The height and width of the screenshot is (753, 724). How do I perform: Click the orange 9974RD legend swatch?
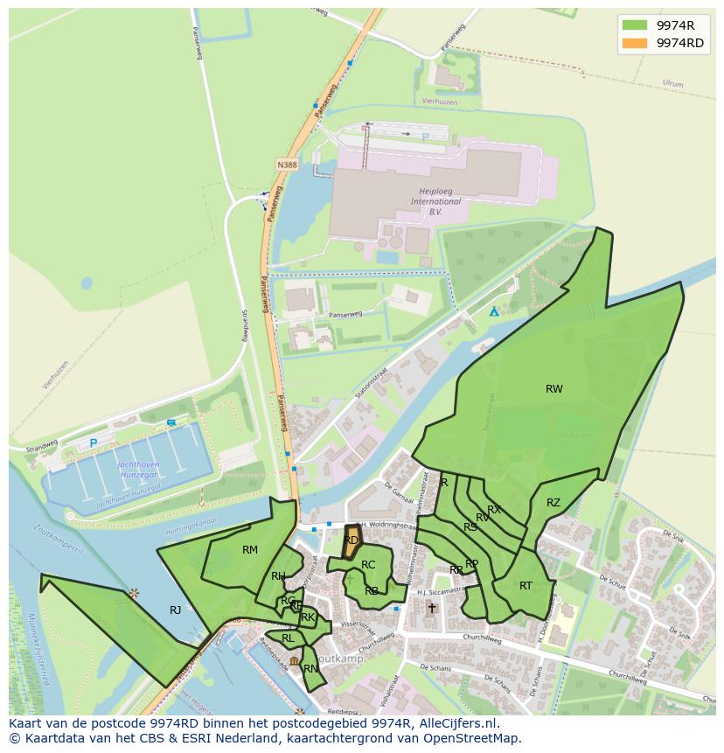pos(635,43)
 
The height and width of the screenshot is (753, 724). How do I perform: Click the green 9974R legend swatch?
pos(635,24)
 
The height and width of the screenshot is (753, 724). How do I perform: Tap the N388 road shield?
pos(286,164)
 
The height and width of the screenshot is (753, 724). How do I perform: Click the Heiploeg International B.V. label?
pos(435,201)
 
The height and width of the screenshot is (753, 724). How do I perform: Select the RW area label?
pos(554,389)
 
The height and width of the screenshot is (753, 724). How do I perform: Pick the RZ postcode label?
pos(553,503)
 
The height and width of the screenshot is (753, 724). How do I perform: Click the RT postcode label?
pos(526,586)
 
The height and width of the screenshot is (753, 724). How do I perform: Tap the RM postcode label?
pos(250,550)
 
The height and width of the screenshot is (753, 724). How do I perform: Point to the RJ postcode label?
pos(176,610)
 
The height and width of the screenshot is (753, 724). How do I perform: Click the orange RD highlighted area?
pos(352,540)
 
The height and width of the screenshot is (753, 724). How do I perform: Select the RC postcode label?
pos(368,565)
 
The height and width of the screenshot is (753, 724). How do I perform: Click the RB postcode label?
pos(372,591)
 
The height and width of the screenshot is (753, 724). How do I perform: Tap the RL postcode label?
pos(288,638)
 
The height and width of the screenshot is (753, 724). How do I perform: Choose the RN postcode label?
pos(310,669)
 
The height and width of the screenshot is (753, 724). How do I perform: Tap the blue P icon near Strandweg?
pos(94,443)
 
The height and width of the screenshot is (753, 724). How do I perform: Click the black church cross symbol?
pos(431,608)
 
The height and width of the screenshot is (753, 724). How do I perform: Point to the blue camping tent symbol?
pos(494,310)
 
